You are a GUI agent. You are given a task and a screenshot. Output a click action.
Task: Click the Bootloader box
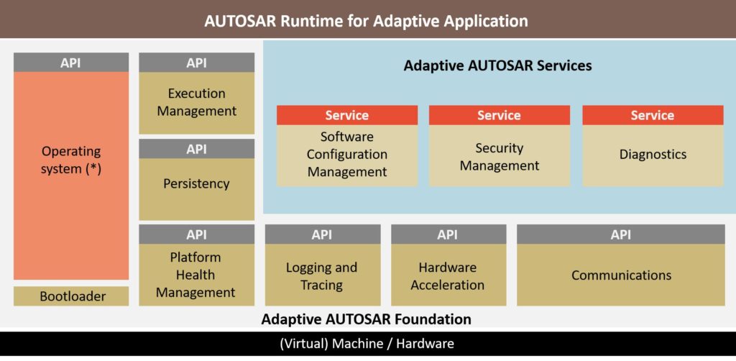[71, 296]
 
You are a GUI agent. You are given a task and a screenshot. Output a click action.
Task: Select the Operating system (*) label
[71, 160]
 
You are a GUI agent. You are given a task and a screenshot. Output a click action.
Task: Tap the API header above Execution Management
[196, 63]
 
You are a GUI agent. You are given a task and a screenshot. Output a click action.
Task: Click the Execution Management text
[196, 102]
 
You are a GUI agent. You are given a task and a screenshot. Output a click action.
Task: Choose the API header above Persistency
[196, 149]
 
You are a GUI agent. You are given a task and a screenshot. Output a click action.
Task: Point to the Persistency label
[196, 183]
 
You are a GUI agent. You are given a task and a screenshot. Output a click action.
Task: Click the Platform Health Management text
[196, 275]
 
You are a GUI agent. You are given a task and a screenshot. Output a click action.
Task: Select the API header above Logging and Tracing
[322, 234]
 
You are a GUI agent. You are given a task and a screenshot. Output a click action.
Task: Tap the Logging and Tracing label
[322, 276]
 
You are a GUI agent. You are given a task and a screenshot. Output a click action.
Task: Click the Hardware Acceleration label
[448, 276]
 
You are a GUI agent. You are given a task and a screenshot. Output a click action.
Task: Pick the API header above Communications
[621, 234]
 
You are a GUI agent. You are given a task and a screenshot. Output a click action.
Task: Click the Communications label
[621, 275]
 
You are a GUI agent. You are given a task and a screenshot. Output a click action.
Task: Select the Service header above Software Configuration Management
[347, 115]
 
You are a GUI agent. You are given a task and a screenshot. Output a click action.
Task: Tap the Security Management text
[500, 157]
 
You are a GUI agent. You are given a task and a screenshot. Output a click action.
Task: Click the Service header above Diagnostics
[652, 115]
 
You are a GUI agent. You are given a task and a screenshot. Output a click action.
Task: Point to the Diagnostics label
[652, 155]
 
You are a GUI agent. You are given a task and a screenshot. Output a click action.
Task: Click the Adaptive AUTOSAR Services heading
[497, 65]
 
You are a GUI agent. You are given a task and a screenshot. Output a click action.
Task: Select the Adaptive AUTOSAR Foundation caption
[366, 319]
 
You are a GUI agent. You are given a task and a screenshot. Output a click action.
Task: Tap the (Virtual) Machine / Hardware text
[367, 344]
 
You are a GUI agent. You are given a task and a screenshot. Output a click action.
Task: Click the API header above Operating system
[71, 63]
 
